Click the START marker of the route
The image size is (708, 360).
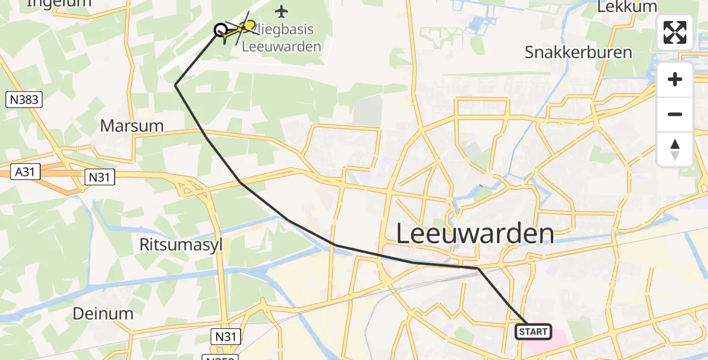click(533, 331)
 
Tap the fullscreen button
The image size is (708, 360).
click(675, 32)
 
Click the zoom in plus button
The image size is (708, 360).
click(675, 79)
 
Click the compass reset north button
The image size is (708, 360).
click(675, 149)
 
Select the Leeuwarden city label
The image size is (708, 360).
click(475, 233)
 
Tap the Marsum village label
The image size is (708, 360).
click(132, 126)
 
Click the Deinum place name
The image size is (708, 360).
click(103, 313)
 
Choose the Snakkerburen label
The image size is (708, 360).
click(578, 52)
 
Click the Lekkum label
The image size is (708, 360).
click(628, 6)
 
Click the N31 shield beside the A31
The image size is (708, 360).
click(100, 176)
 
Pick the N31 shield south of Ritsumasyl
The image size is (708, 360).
click(226, 337)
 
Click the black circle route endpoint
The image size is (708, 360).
click(220, 29)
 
